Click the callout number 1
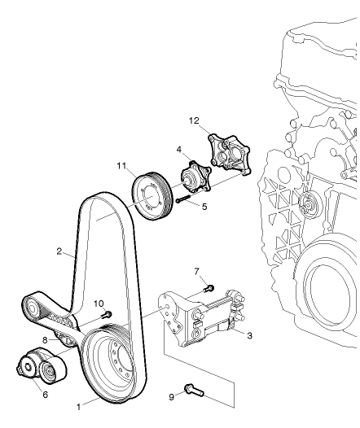79,404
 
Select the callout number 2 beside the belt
60,251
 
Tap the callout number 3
248,334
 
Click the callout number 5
204,207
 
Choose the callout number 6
45,395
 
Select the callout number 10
99,304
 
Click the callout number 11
120,167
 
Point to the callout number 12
195,121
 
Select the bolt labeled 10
106,315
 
